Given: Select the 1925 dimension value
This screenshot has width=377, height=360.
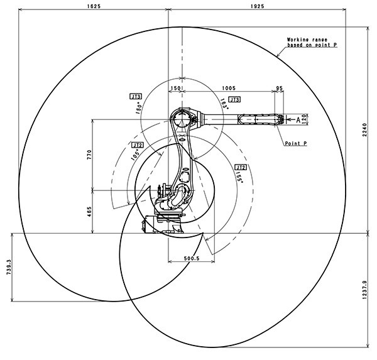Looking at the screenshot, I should pyautogui.click(x=256, y=6).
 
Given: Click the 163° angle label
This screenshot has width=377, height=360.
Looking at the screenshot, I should pyautogui.click(x=224, y=103).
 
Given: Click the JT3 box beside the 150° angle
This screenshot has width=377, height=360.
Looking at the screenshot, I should pyautogui.click(x=135, y=96).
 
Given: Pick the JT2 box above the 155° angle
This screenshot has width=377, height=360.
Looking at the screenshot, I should pyautogui.click(x=239, y=167).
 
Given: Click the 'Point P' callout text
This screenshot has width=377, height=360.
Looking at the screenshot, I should pyautogui.click(x=295, y=144).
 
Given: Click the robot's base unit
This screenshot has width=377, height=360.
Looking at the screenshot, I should pyautogui.click(x=162, y=224).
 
